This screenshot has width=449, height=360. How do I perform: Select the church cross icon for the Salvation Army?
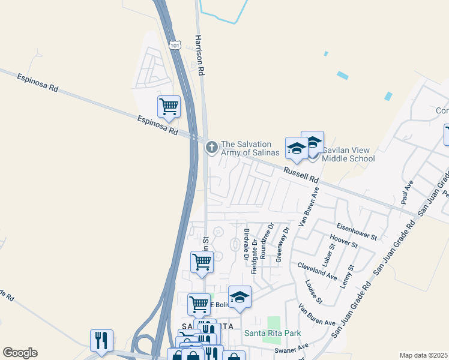click(x=211, y=147)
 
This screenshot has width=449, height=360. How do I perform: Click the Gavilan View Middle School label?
click(x=348, y=154)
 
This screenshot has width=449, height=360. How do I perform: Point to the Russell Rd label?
click(x=301, y=175)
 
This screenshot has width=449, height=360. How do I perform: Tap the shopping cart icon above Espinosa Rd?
click(x=169, y=106)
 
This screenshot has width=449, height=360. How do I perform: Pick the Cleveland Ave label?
click(x=318, y=271)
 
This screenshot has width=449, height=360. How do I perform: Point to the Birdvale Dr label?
click(x=246, y=244)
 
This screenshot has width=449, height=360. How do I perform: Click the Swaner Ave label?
click(x=291, y=347)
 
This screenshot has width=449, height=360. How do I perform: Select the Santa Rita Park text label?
click(x=272, y=333)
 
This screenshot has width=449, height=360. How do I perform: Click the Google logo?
click(x=20, y=353)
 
